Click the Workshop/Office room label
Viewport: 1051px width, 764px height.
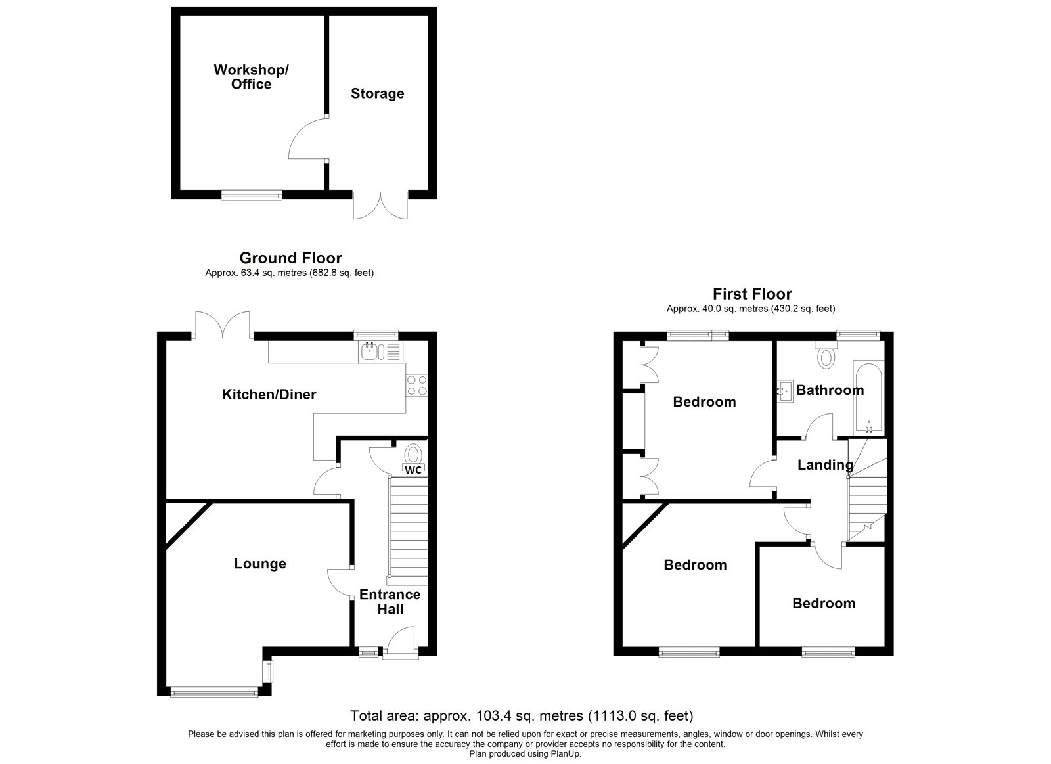tap(251, 77)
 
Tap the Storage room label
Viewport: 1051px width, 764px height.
tap(377, 93)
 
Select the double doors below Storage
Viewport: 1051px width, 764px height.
tap(380, 205)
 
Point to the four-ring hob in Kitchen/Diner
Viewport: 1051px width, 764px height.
tap(416, 385)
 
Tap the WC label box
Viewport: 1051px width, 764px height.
tap(413, 470)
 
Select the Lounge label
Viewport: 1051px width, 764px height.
tap(260, 564)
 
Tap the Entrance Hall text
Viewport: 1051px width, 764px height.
tap(390, 602)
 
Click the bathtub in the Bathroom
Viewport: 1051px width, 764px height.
tap(868, 397)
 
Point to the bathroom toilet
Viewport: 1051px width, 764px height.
tap(826, 356)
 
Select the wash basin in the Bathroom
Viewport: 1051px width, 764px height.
tap(784, 391)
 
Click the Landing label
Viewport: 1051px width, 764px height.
tap(825, 465)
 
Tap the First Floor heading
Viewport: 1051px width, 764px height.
tap(752, 294)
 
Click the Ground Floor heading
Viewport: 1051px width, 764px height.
tap(290, 258)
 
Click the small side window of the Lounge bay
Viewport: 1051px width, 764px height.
tap(267, 671)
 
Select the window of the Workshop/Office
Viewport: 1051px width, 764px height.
tap(252, 194)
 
